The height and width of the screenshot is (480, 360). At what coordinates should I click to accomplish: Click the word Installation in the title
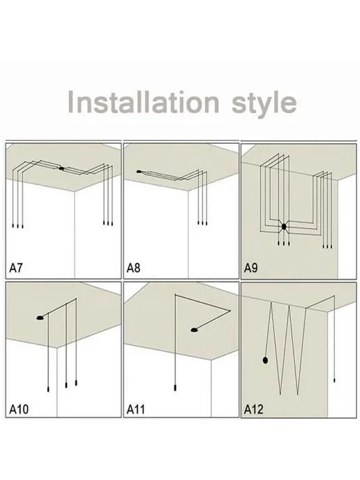coord(143,102)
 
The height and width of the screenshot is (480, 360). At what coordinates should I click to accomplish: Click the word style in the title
coord(264,104)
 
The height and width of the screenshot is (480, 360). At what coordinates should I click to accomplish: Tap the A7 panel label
coord(16,268)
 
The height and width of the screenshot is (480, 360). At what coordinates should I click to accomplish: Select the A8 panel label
coord(133,268)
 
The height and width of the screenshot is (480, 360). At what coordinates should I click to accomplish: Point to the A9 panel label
coord(250,268)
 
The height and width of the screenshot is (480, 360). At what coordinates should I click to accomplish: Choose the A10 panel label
coord(19,409)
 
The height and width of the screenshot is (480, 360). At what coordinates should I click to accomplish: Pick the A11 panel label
coord(136,409)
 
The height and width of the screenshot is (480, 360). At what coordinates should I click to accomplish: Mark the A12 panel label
coord(253,409)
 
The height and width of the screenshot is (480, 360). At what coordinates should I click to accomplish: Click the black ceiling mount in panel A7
coord(61,168)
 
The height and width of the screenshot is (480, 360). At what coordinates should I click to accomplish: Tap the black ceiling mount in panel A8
coord(139,172)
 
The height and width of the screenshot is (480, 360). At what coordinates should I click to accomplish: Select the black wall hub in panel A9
coord(284,227)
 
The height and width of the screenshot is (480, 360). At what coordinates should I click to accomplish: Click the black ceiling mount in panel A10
coord(40,318)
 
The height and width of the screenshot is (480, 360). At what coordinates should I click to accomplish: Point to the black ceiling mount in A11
coord(194,330)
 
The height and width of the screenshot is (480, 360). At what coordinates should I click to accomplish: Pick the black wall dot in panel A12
coord(265,360)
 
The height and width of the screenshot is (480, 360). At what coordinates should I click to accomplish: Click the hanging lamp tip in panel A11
coord(175,388)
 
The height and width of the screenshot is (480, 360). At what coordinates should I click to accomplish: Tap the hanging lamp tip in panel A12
coord(334,380)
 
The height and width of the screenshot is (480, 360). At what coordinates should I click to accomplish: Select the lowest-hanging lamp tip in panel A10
coord(48,389)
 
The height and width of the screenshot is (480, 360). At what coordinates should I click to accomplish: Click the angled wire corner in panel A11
coord(230,310)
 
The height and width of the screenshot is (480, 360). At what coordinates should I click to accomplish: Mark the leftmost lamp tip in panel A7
coord(13,225)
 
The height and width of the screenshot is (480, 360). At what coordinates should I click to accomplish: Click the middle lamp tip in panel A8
coord(202,223)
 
